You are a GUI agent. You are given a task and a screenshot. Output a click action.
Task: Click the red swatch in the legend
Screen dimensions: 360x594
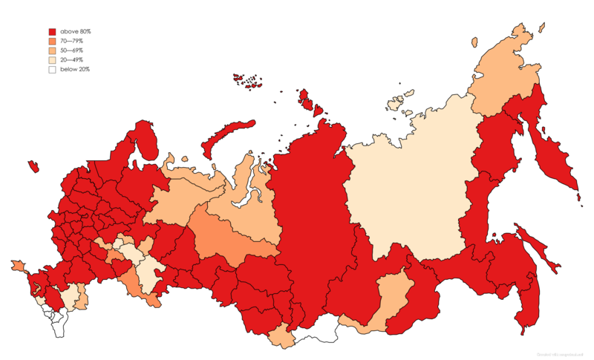(x=52, y=32)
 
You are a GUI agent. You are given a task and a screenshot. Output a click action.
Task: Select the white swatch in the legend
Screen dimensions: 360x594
(x=52, y=70)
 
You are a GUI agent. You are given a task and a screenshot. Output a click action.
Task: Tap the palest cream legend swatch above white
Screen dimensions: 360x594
(x=52, y=60)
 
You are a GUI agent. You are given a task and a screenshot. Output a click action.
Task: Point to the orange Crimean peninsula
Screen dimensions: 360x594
(x=17, y=265)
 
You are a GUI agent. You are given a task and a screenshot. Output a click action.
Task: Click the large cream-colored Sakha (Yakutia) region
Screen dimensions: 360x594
(x=408, y=186)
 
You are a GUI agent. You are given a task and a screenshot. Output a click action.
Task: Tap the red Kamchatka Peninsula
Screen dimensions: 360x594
(x=553, y=156)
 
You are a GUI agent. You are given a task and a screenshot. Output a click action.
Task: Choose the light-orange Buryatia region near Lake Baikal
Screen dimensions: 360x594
(x=390, y=297)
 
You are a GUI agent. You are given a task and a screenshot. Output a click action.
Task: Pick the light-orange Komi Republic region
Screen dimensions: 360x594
(x=182, y=200)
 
